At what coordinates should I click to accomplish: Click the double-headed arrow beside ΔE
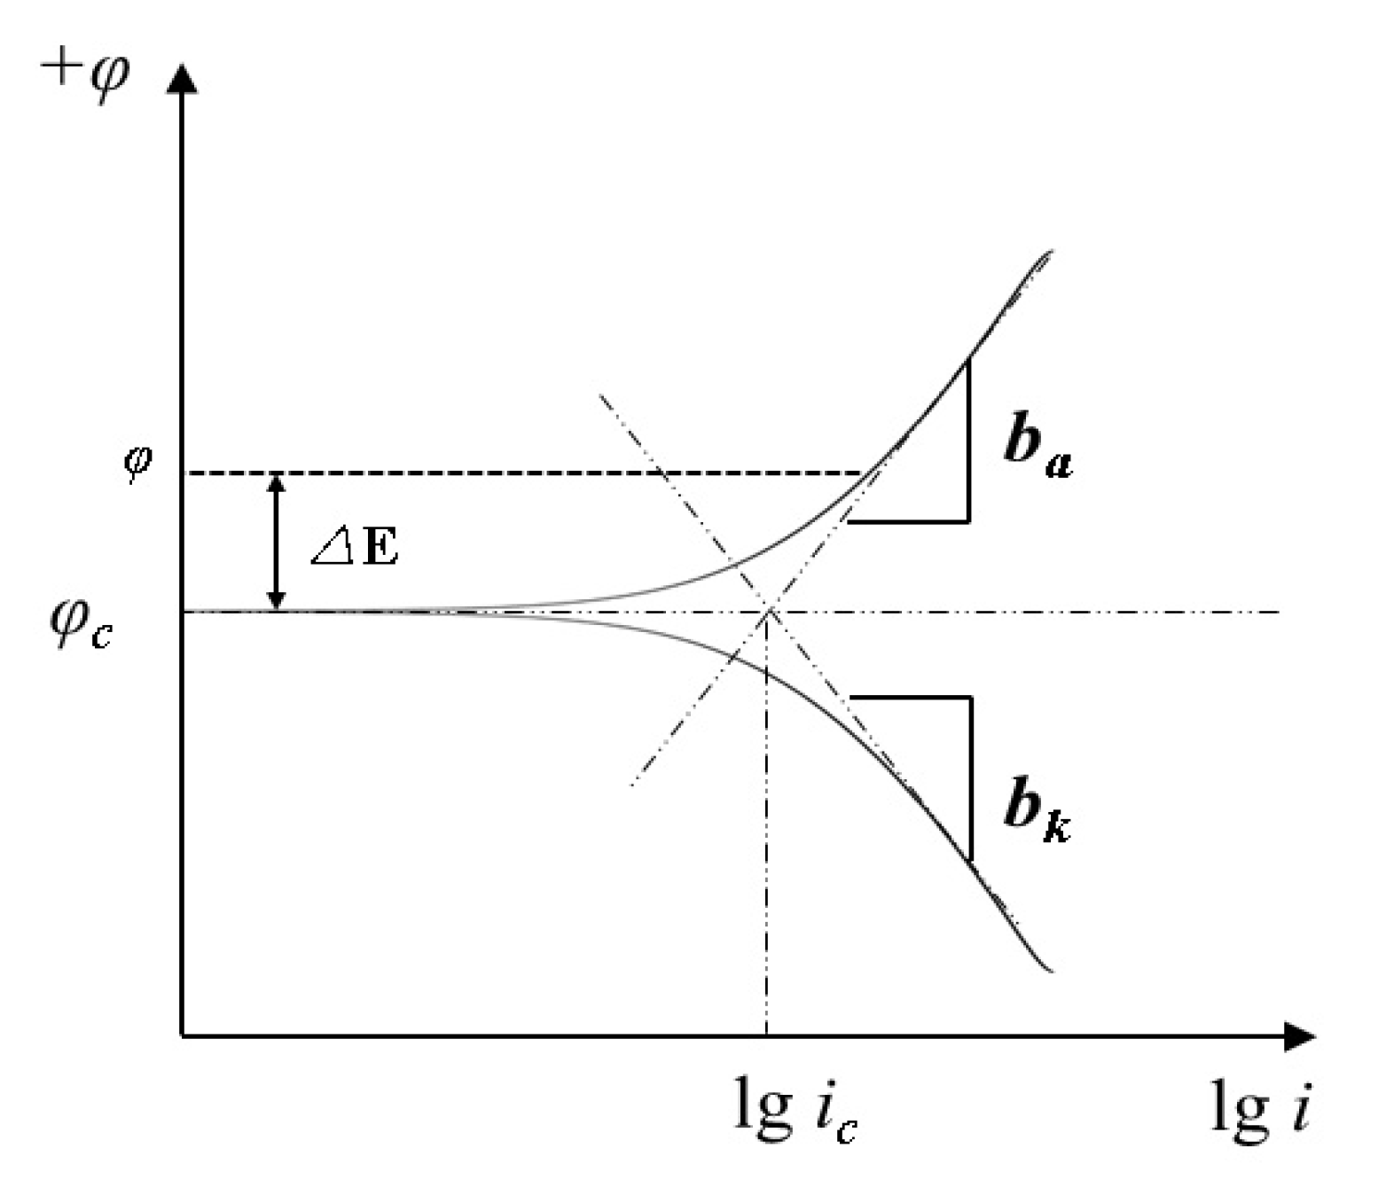[x=278, y=542]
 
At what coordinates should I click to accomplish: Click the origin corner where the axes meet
[x=182, y=1035]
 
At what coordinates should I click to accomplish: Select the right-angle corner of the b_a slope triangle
[x=968, y=520]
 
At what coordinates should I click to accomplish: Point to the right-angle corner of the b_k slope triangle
[x=971, y=699]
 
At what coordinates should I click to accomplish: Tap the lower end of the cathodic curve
[x=1051, y=971]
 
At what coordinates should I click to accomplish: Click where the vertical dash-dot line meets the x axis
[x=766, y=1035]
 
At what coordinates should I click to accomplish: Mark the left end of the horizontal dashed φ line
[x=185, y=473]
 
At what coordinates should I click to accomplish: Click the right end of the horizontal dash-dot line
[x=1279, y=612]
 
